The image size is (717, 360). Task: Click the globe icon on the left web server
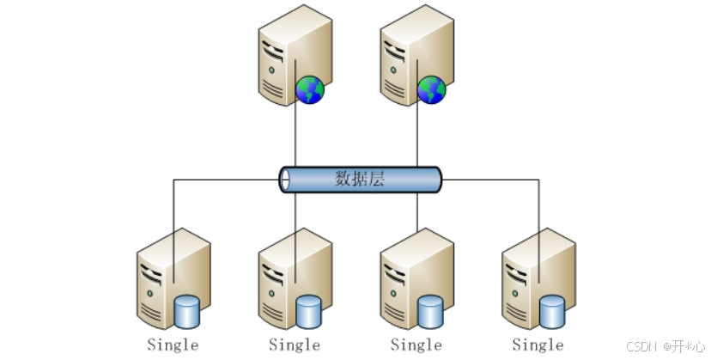(x=309, y=88)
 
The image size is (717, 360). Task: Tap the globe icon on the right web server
(x=431, y=88)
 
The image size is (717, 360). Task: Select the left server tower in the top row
(x=288, y=56)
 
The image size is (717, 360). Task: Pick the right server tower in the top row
(x=410, y=56)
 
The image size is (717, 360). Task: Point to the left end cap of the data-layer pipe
(x=285, y=180)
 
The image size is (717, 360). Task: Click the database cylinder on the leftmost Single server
(x=186, y=310)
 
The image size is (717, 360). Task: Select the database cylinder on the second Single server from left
(x=308, y=310)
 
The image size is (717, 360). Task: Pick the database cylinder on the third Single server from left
(x=430, y=310)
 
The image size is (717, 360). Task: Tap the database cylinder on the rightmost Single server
(x=552, y=310)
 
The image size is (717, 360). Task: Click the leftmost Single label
(x=173, y=345)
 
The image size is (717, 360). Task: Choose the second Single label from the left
(x=295, y=345)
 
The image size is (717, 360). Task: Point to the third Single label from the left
(x=416, y=345)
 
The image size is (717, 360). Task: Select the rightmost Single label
(x=538, y=345)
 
